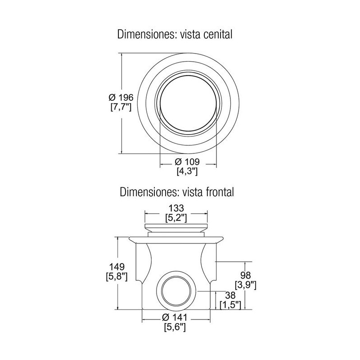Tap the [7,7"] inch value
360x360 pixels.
(x=121, y=108)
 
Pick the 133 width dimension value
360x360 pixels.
(x=175, y=209)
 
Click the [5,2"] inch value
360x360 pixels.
(x=175, y=218)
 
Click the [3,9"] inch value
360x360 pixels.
(x=245, y=285)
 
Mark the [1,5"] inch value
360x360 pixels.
(x=230, y=305)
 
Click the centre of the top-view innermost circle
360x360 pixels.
(x=188, y=107)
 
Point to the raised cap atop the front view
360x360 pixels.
(x=175, y=227)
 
